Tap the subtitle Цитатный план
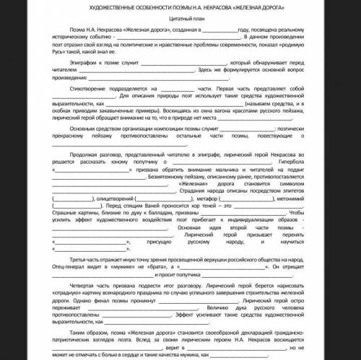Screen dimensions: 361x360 coord(180,21)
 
